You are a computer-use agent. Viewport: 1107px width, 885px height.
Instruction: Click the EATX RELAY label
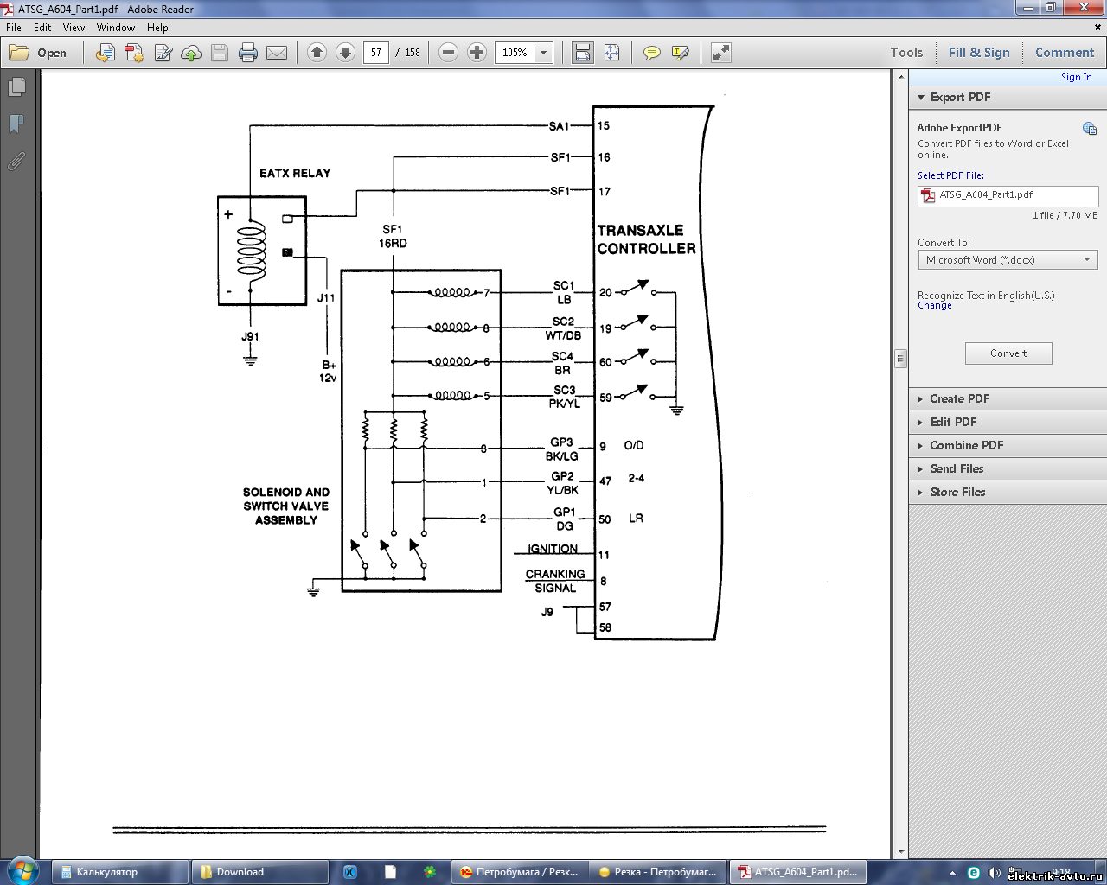point(295,174)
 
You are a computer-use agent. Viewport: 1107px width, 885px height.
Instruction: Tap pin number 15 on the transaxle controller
point(604,125)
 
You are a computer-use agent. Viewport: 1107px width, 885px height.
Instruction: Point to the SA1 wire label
point(560,126)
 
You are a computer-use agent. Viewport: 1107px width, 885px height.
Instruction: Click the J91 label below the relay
point(250,336)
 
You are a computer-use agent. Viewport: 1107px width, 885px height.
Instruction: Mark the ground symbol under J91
point(251,360)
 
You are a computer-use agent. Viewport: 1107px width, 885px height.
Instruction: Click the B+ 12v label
point(328,372)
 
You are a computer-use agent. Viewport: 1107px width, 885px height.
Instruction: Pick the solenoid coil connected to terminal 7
point(452,293)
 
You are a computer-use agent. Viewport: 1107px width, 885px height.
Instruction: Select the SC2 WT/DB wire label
point(563,328)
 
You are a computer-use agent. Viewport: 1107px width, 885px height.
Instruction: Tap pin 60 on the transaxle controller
point(605,362)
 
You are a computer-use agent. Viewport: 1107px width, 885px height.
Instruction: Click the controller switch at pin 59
point(638,392)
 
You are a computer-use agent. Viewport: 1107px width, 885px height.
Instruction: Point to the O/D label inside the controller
point(634,445)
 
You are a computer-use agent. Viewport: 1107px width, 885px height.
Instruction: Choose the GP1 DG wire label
point(564,519)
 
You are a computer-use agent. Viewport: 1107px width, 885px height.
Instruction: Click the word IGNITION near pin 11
point(553,549)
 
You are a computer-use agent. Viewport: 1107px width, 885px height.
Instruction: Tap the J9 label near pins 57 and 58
point(547,612)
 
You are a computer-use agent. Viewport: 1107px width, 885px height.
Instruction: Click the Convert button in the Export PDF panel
point(1008,353)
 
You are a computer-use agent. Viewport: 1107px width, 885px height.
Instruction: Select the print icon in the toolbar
point(248,53)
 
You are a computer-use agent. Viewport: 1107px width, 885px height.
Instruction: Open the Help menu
point(157,28)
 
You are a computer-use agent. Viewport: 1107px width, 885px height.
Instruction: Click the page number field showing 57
point(375,53)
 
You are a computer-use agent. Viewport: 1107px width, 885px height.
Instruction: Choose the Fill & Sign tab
point(979,53)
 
